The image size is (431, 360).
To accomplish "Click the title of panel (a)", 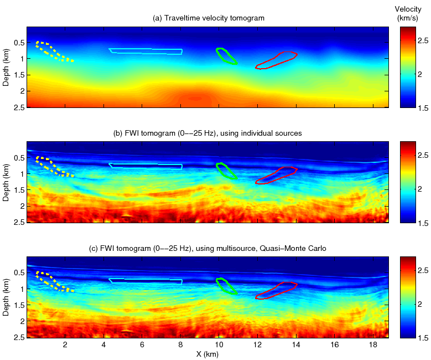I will (x=209, y=18).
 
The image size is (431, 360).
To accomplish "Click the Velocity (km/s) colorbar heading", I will (x=409, y=13).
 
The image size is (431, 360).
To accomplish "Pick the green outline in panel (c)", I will (x=226, y=286).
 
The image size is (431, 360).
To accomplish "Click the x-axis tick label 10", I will (x=219, y=344).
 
